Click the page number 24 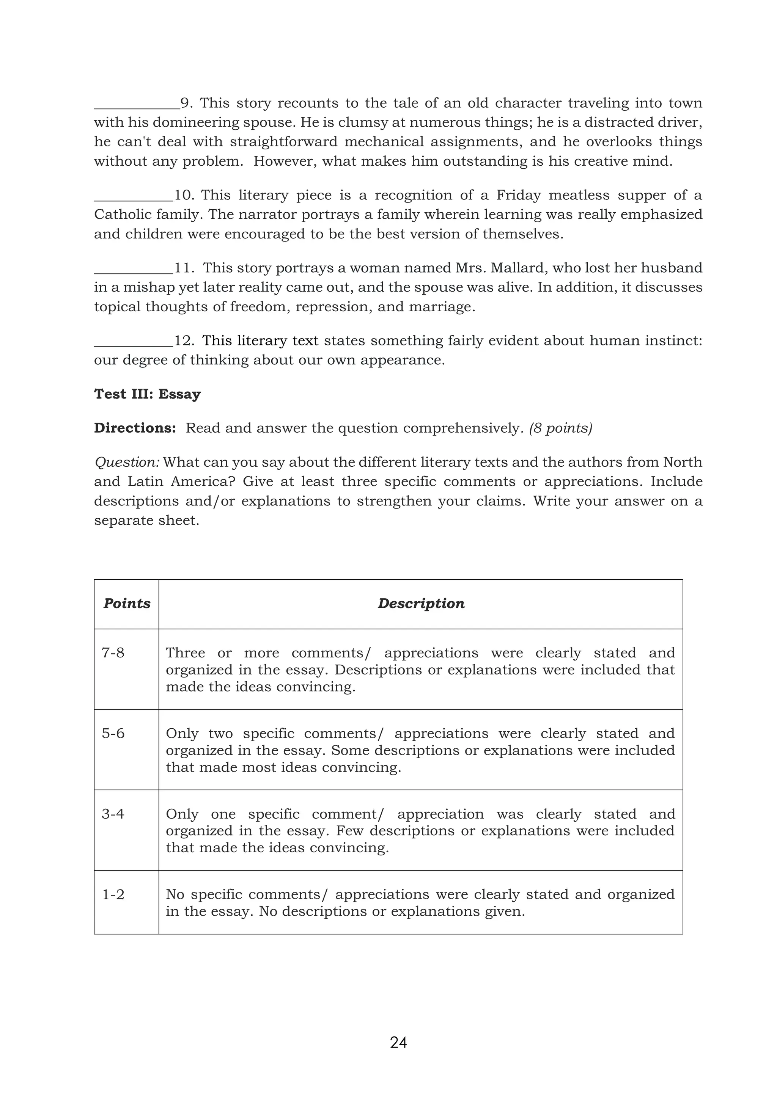click(398, 1042)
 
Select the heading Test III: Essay click(147, 394)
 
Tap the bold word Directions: click(135, 428)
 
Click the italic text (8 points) click(560, 428)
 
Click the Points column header click(127, 604)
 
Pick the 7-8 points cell click(113, 653)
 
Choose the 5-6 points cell click(113, 733)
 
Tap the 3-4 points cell click(113, 814)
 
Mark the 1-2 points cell click(113, 894)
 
